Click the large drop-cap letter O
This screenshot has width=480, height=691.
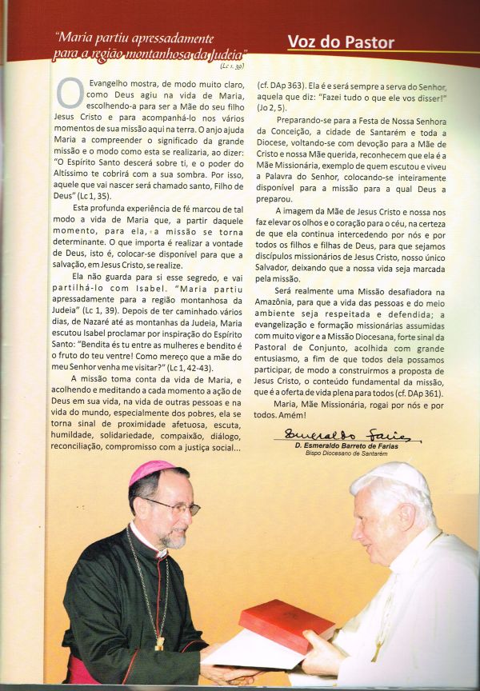click(69, 95)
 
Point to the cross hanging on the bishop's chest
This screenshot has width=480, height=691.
click(159, 642)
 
